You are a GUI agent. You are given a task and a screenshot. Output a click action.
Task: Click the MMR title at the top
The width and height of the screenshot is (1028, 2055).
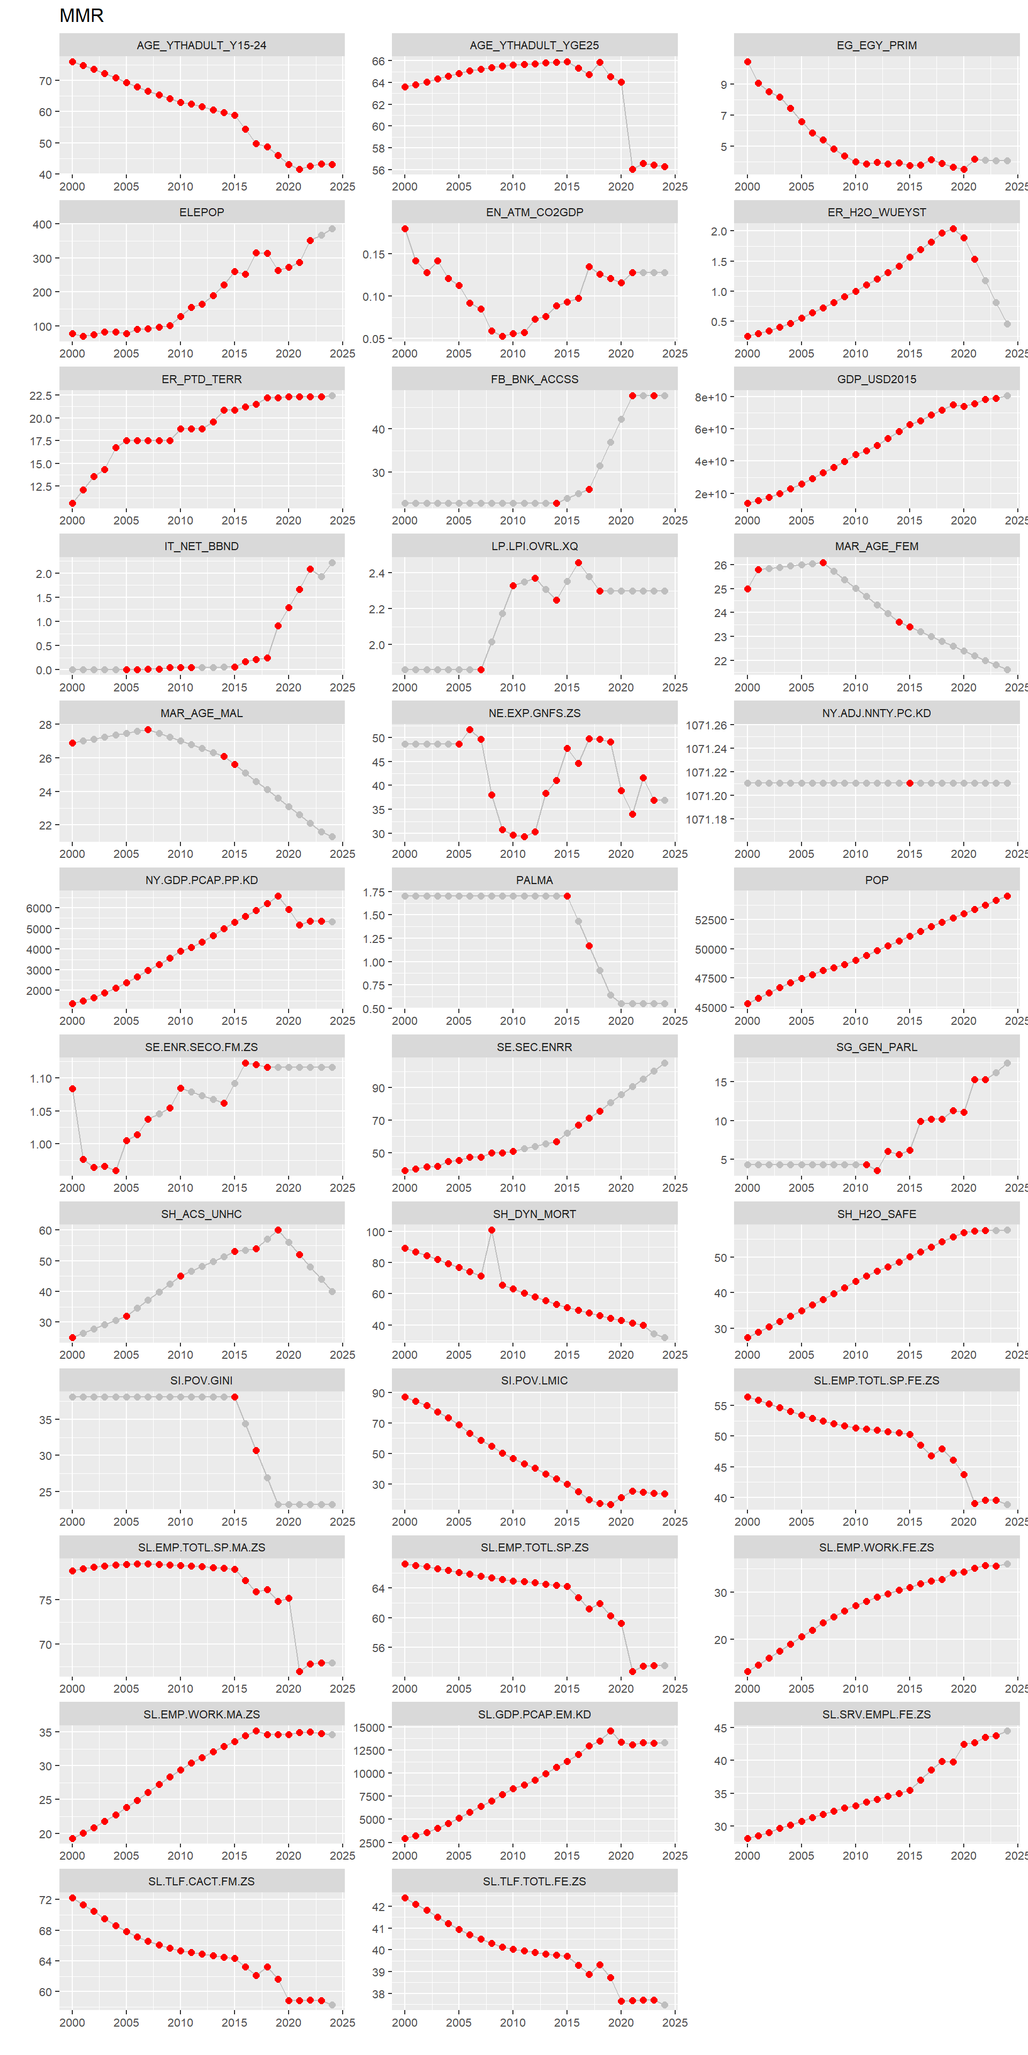[81, 15]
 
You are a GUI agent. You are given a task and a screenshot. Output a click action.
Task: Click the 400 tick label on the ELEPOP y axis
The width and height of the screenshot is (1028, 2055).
[42, 224]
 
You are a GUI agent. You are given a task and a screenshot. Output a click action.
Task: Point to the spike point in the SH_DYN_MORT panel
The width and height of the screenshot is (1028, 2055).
[492, 1230]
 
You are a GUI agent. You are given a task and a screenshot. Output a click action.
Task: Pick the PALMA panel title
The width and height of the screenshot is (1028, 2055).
[534, 880]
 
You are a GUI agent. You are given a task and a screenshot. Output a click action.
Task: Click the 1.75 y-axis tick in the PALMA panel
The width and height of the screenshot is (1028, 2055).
[374, 892]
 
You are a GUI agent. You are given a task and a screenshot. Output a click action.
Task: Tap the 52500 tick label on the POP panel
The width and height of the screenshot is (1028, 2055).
[710, 920]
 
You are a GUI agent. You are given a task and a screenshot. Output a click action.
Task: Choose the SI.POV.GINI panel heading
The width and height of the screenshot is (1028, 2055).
[201, 1380]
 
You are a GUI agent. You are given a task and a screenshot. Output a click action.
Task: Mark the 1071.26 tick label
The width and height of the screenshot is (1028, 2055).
[706, 725]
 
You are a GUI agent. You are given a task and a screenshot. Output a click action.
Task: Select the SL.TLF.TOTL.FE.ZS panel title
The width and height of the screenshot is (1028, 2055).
[534, 1881]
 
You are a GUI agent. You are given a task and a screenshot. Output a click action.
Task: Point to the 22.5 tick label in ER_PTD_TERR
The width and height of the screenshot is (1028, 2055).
[40, 395]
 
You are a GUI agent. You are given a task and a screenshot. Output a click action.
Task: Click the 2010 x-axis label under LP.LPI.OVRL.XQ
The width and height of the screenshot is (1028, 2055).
[512, 687]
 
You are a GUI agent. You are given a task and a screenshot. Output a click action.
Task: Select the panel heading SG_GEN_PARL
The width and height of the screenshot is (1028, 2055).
[876, 1047]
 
